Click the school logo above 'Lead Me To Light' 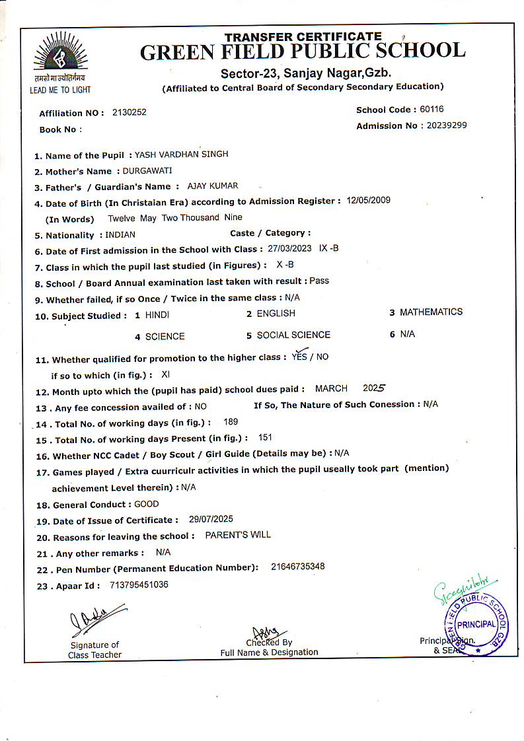click(x=60, y=55)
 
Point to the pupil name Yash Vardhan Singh click(x=182, y=155)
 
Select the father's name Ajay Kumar click(x=213, y=186)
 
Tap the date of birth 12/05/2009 click(x=369, y=200)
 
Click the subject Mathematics click(x=431, y=312)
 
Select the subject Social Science click(x=293, y=335)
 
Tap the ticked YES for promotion click(x=299, y=356)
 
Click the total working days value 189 click(x=231, y=421)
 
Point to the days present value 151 click(x=265, y=437)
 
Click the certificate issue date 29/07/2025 click(x=211, y=519)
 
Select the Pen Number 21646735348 click(x=298, y=567)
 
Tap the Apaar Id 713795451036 click(x=139, y=584)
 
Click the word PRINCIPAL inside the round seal click(x=476, y=623)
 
